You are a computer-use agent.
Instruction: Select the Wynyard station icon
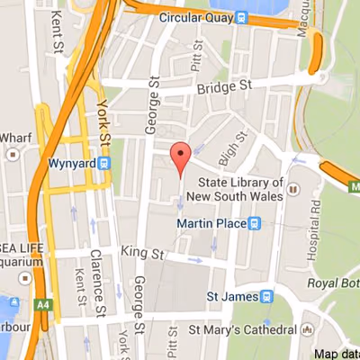pyautogui.click(x=105, y=163)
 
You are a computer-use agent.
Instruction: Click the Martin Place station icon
pyautogui.click(x=255, y=222)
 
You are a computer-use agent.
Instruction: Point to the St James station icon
pyautogui.click(x=266, y=296)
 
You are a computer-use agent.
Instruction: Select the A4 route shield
pyautogui.click(x=43, y=306)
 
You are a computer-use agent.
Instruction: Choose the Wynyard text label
pyautogui.click(x=72, y=163)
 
